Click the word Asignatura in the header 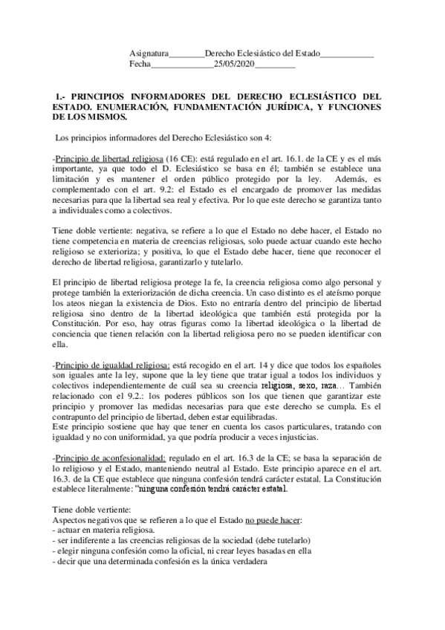click(149, 54)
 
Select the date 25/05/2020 click(234, 65)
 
